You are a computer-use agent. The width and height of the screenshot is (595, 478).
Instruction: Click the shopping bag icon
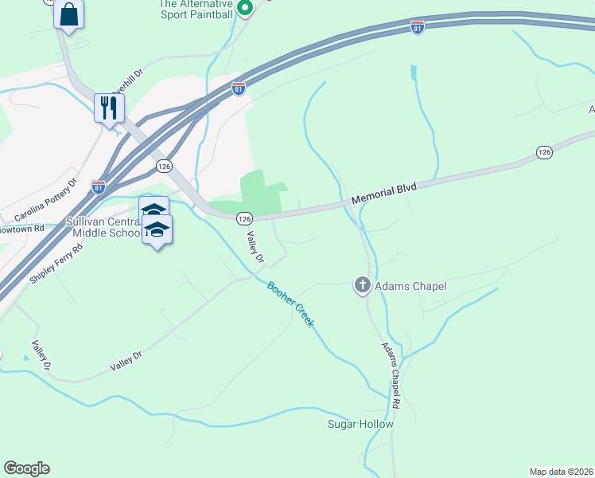pyautogui.click(x=69, y=14)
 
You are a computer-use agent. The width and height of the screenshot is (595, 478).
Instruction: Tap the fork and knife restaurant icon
pyautogui.click(x=109, y=107)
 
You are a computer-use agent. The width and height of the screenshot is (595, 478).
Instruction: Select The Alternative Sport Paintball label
pyautogui.click(x=196, y=9)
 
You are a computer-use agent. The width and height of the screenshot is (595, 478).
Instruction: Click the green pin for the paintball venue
pyautogui.click(x=245, y=9)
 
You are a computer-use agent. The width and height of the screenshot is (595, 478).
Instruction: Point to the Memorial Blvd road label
pyautogui.click(x=384, y=195)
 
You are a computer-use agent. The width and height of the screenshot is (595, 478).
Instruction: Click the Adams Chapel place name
pyautogui.click(x=410, y=286)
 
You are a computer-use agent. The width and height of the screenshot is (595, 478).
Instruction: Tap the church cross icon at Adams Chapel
pyautogui.click(x=362, y=284)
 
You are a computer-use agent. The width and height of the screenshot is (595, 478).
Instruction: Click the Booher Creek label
pyautogui.click(x=290, y=305)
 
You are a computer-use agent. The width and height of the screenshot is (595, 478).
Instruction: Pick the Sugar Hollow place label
pyautogui.click(x=360, y=424)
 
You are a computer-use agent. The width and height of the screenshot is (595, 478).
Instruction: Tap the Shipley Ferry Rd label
pyautogui.click(x=56, y=263)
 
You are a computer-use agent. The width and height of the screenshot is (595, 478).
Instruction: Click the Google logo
pyautogui.click(x=26, y=468)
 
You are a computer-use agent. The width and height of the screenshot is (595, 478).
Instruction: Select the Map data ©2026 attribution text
pyautogui.click(x=562, y=471)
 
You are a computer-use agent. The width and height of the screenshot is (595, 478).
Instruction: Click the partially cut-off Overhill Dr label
pyautogui.click(x=127, y=82)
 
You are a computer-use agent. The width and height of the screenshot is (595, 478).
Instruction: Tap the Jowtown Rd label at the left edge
pyautogui.click(x=23, y=229)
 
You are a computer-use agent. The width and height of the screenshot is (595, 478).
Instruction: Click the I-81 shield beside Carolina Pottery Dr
pyautogui.click(x=98, y=186)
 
